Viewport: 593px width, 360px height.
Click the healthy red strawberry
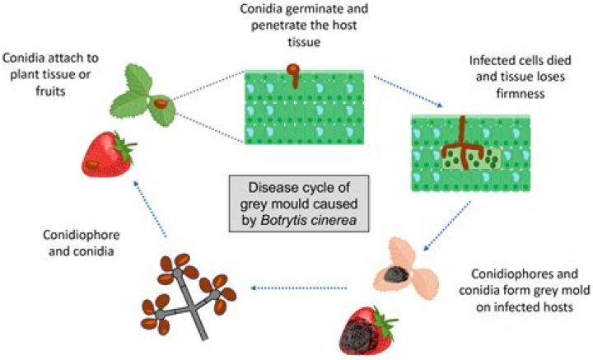107,155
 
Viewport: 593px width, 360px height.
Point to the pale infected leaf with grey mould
407,269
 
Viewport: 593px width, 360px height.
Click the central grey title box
299,203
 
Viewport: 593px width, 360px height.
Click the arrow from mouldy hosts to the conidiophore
299,288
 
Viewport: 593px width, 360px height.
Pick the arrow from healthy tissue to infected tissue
408,91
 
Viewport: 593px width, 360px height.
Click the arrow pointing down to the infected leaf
447,226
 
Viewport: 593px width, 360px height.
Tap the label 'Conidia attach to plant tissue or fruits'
50,74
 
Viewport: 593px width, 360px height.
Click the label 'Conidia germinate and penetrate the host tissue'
304,25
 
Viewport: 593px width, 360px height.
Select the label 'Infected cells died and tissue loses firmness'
520,77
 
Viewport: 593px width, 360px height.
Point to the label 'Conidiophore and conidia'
82,243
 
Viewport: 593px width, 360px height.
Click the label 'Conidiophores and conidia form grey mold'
524,290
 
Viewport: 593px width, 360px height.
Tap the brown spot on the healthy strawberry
92,165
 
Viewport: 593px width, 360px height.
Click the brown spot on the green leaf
161,104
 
